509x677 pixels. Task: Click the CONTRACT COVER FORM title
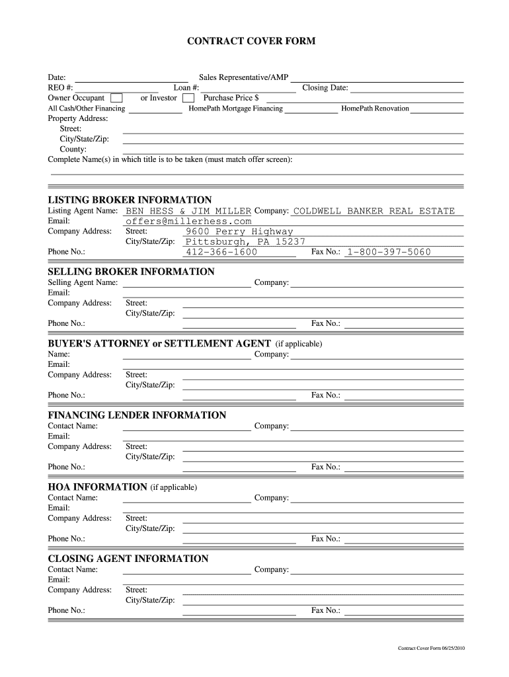coord(251,41)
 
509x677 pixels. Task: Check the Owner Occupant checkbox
coord(116,99)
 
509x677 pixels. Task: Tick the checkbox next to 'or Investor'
coord(188,99)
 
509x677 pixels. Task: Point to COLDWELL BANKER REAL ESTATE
coord(373,211)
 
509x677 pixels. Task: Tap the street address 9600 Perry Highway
coord(239,231)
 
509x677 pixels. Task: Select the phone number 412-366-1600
coord(221,252)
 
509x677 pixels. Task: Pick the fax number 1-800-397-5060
coord(389,252)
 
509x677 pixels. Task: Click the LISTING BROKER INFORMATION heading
coord(130,200)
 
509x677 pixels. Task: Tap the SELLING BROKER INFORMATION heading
coord(131,272)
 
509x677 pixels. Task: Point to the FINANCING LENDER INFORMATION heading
coord(137,415)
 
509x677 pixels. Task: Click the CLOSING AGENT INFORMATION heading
coord(128,559)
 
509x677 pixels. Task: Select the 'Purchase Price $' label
coord(231,98)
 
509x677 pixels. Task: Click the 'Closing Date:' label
coord(325,88)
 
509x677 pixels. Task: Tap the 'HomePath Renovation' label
coord(375,108)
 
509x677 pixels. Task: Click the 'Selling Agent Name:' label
coord(83,282)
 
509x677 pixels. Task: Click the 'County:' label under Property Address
coord(73,149)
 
